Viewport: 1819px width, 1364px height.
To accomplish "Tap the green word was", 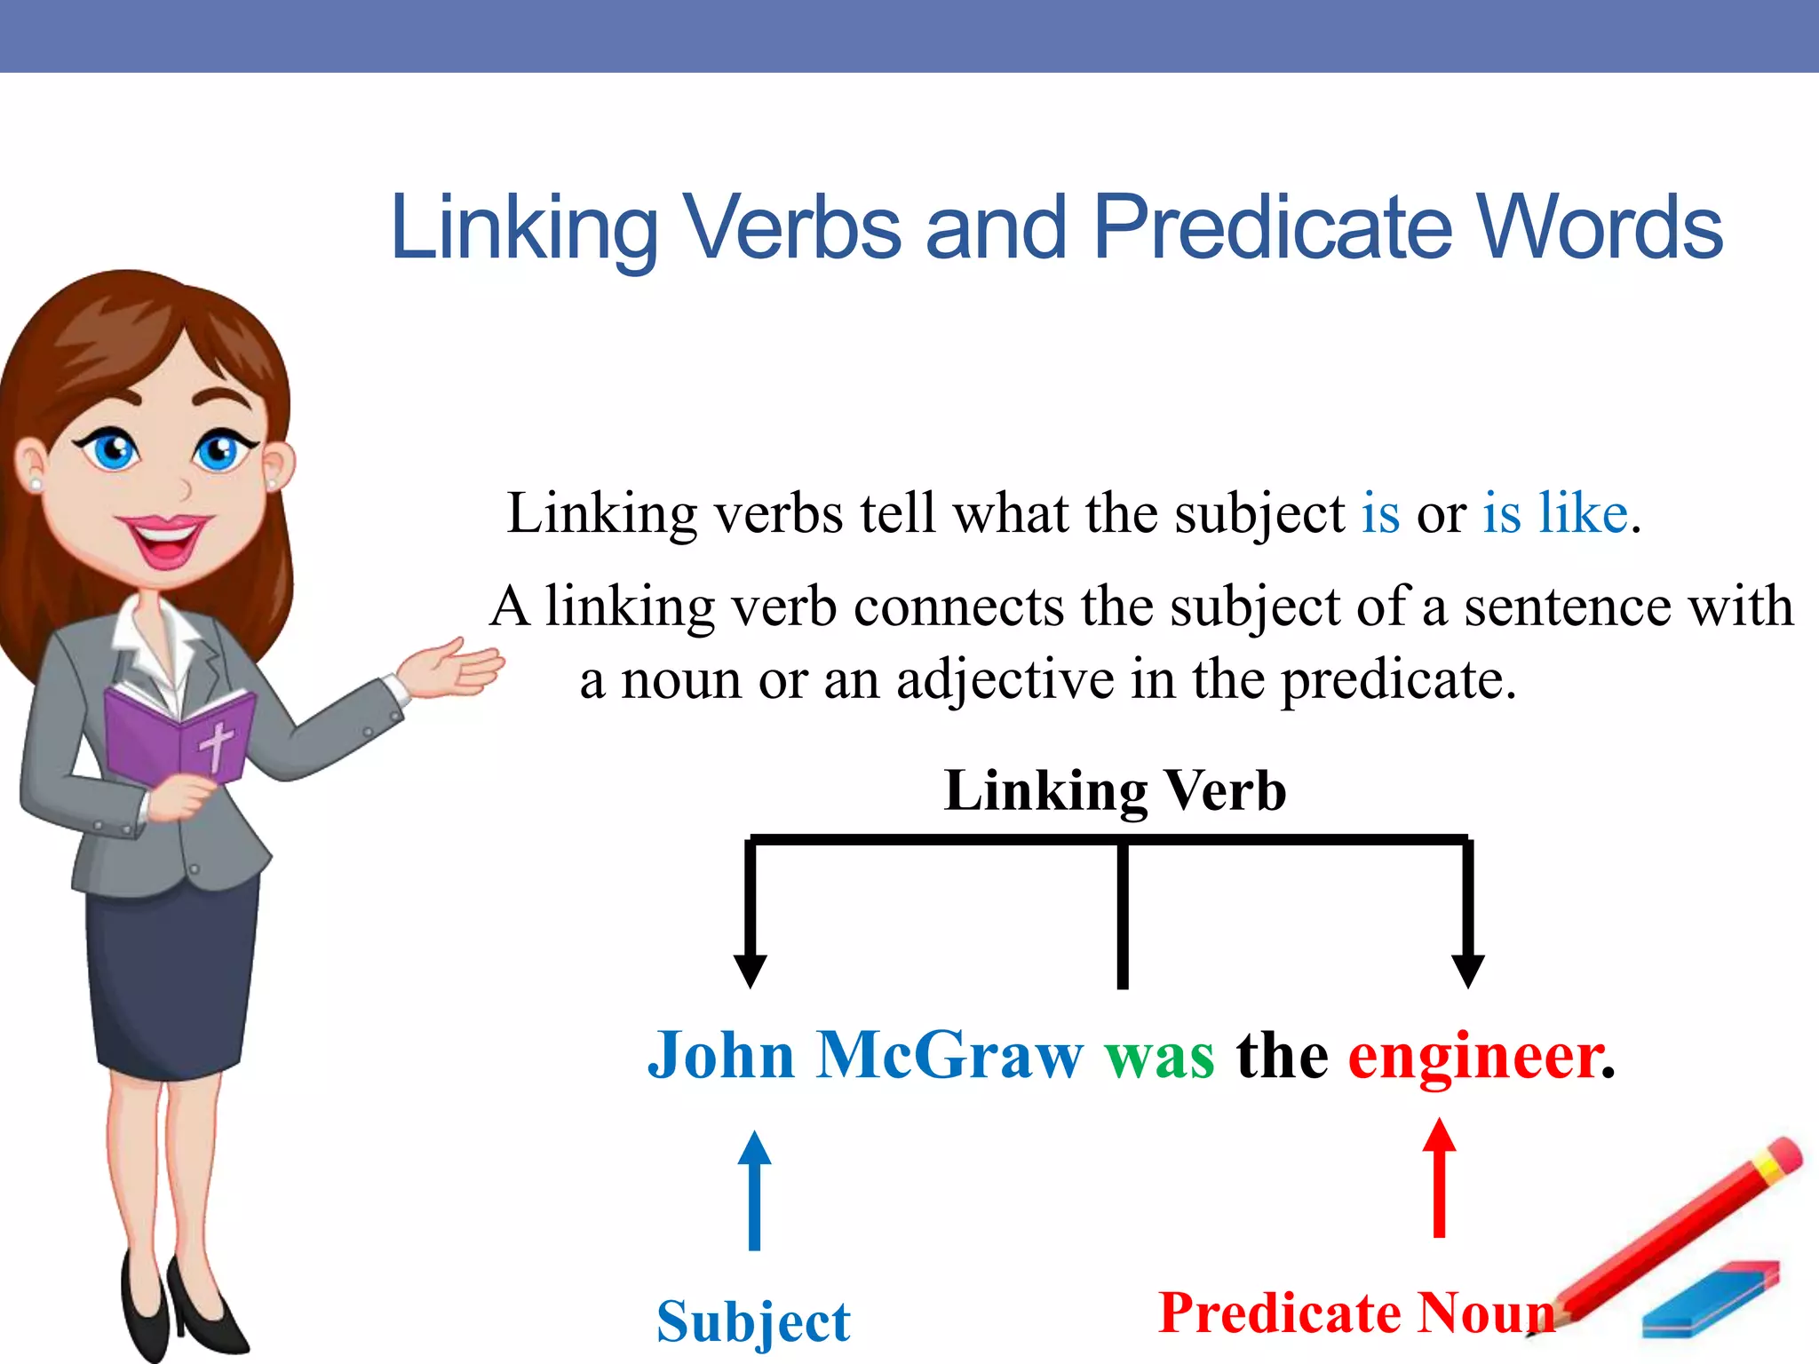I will [x=1159, y=1056].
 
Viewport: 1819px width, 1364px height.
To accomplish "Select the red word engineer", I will [x=1475, y=1056].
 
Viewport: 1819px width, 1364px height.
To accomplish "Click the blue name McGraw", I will [x=949, y=1056].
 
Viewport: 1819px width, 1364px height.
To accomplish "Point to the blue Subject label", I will [x=753, y=1322].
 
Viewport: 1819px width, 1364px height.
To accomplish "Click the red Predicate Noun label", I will [x=1356, y=1312].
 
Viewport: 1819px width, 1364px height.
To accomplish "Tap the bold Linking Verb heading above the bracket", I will [x=1115, y=790].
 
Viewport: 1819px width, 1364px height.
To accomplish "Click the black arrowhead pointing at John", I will [x=751, y=970].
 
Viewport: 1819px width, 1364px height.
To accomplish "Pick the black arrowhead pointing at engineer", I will [x=1467, y=970].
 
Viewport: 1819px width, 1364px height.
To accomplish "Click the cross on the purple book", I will [x=216, y=745].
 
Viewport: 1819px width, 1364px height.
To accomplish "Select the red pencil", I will [x=1679, y=1234].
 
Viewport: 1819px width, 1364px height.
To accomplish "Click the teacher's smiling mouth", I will [x=166, y=537].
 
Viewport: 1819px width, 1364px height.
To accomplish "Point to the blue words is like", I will [x=1554, y=513].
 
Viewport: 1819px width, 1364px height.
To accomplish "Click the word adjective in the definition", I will [x=1005, y=680].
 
